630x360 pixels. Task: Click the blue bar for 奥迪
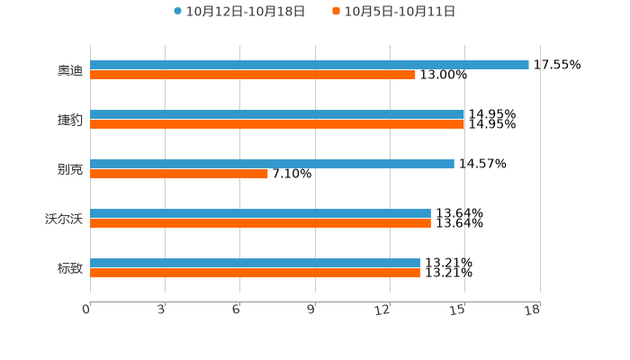[310, 65]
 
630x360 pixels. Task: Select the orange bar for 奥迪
[253, 76]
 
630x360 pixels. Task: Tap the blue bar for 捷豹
[277, 114]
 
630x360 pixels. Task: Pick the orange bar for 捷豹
[277, 125]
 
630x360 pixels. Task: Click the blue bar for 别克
[272, 164]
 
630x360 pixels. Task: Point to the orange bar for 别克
[179, 175]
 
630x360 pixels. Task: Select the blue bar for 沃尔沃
[260, 213]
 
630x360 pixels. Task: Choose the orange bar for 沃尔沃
[260, 224]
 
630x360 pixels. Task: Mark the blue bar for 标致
[255, 263]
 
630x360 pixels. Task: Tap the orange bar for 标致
[255, 274]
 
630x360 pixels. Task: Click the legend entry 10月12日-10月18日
[239, 12]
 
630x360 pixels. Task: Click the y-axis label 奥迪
[70, 70]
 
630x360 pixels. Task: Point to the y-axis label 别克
[70, 169]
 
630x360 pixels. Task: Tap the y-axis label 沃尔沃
[64, 219]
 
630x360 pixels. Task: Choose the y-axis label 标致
[70, 268]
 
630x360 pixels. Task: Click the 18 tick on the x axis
[532, 310]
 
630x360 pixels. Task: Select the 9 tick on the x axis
[311, 310]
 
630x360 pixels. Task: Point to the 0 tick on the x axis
[86, 310]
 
